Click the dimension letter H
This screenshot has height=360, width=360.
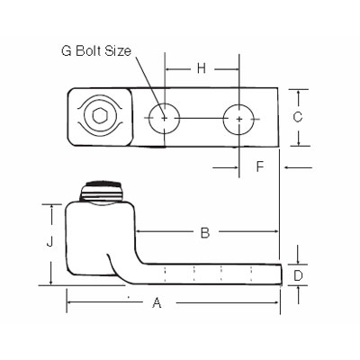pyautogui.click(x=202, y=68)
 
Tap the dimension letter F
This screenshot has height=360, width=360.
pyautogui.click(x=259, y=166)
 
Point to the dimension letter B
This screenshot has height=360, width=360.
pyautogui.click(x=205, y=233)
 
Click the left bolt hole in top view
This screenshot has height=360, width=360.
pyautogui.click(x=164, y=118)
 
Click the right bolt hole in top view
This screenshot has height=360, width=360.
pyautogui.click(x=238, y=118)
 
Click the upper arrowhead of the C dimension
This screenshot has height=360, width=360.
pyautogui.click(x=299, y=92)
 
